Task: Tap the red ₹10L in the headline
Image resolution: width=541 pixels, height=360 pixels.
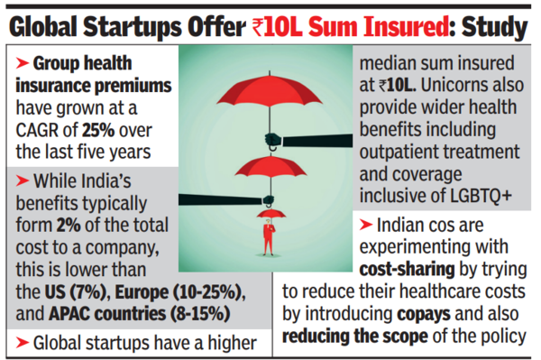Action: (x=277, y=27)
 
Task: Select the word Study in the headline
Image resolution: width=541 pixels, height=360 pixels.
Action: (x=494, y=27)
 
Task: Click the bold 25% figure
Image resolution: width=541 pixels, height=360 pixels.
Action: (x=98, y=130)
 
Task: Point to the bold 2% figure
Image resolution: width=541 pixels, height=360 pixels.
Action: (x=69, y=225)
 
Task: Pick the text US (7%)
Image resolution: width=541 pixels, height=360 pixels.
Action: (x=75, y=292)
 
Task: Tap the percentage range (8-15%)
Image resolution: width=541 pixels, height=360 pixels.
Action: (x=200, y=314)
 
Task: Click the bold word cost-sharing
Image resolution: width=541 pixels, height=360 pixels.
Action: (x=407, y=270)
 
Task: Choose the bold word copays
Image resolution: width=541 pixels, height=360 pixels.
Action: (x=424, y=315)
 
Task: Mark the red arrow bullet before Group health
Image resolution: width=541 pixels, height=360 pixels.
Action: (x=22, y=63)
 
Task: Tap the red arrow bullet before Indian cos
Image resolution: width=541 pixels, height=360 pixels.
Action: (x=366, y=225)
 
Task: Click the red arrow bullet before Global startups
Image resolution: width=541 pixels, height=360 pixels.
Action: (x=22, y=343)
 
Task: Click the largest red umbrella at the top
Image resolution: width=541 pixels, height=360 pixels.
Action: (x=270, y=89)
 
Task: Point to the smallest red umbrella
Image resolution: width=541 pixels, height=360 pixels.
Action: (x=271, y=214)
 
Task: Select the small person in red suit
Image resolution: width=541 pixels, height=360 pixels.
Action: (x=269, y=237)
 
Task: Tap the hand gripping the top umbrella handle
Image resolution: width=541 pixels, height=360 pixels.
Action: (x=273, y=140)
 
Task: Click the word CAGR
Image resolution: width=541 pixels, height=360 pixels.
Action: (x=37, y=130)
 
